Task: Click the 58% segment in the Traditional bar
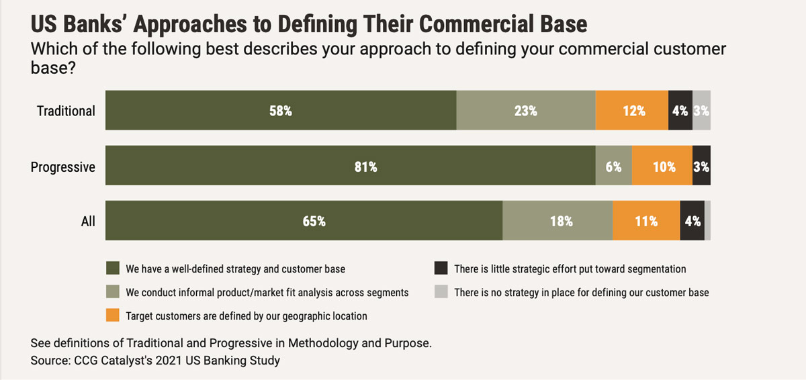click(x=281, y=111)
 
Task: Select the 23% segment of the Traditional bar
click(x=526, y=111)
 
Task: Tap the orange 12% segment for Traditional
click(x=632, y=111)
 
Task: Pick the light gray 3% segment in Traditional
click(x=701, y=111)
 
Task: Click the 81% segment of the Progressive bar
click(x=350, y=167)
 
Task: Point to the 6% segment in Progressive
click(x=614, y=167)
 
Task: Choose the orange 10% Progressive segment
click(x=662, y=167)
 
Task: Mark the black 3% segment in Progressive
click(x=701, y=167)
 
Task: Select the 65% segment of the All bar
click(x=304, y=221)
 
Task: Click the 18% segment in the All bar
click(x=557, y=221)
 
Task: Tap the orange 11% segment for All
click(x=646, y=221)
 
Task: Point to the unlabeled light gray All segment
click(x=707, y=221)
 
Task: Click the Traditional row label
click(x=66, y=111)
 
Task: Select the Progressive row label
click(x=63, y=167)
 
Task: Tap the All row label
click(x=88, y=221)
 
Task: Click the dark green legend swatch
click(x=114, y=269)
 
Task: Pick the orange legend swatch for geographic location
click(x=114, y=315)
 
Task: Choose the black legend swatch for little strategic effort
click(x=441, y=269)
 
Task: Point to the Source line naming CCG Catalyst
click(x=155, y=361)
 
